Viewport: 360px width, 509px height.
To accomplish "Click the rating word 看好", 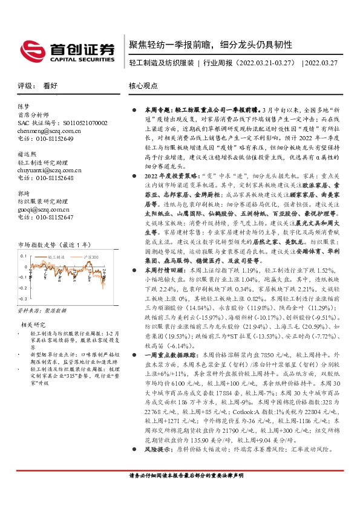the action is click(50, 86).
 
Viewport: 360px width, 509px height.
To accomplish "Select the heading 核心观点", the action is click(143, 86).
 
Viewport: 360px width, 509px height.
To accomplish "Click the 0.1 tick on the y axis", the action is click(23, 256).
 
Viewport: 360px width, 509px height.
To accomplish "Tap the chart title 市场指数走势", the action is click(42, 244).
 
